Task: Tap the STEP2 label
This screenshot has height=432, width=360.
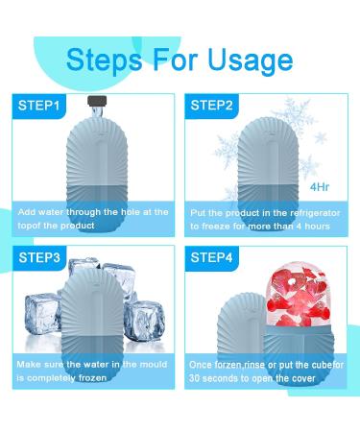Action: click(214, 103)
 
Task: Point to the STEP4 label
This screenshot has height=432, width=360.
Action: click(214, 257)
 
